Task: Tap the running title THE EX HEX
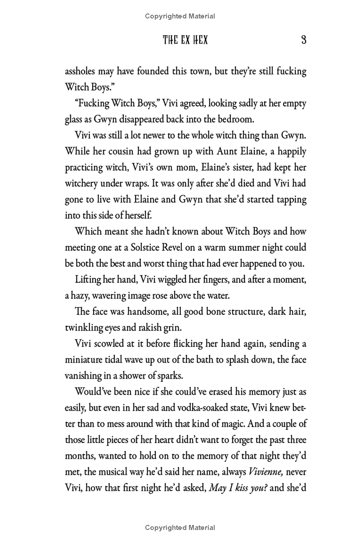coord(185,40)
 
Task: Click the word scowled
coord(111,344)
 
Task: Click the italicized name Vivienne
coord(265,472)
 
